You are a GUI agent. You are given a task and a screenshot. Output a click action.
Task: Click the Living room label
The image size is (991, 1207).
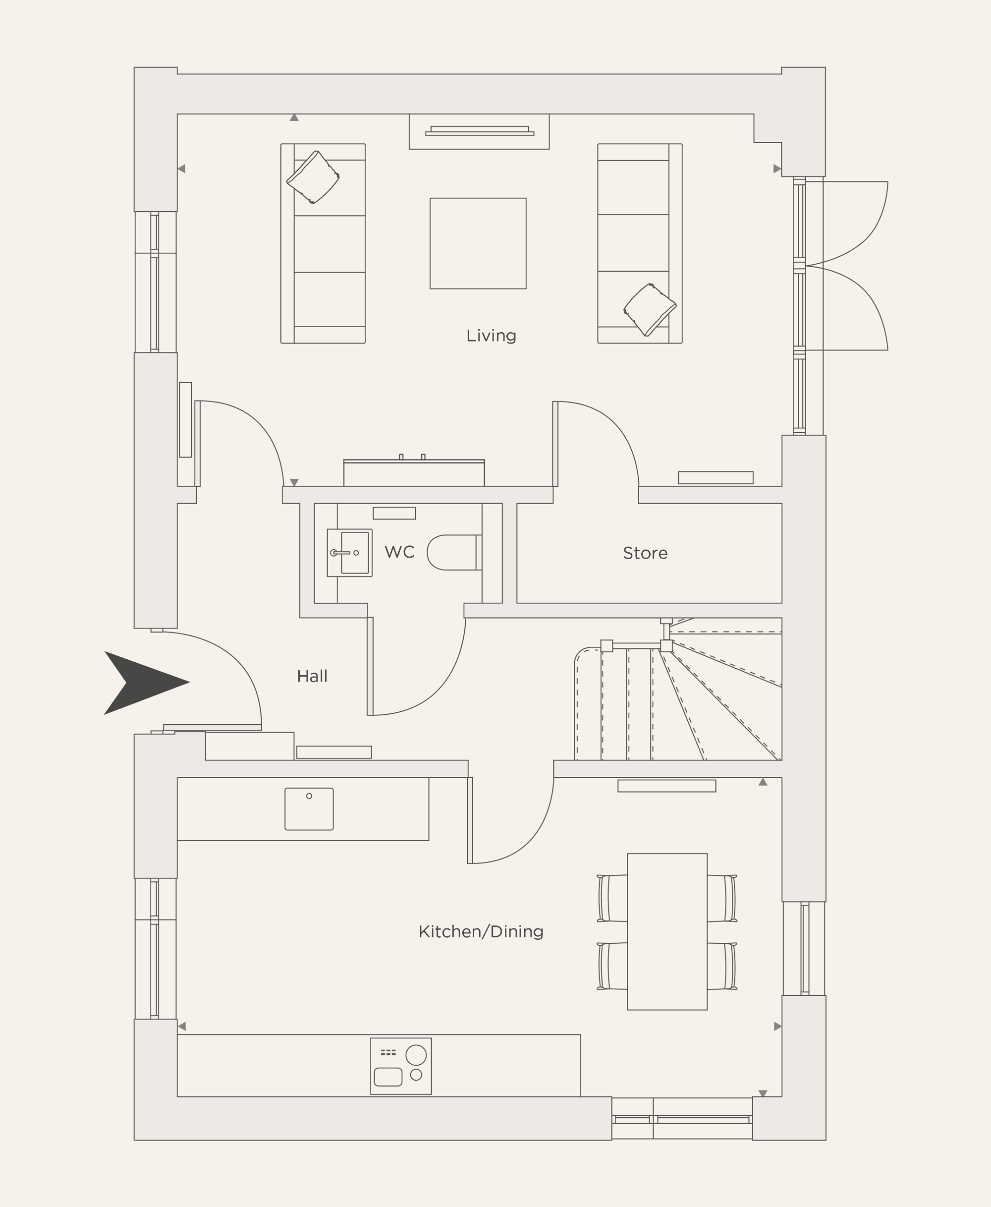tap(491, 336)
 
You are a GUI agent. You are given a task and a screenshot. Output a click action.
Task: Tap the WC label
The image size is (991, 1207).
tap(399, 552)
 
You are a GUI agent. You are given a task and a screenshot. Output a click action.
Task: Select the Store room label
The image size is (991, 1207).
tap(645, 553)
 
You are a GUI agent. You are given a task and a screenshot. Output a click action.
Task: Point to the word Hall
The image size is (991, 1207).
tap(312, 677)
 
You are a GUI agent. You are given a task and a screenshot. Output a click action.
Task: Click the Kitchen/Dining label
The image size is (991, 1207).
tap(481, 932)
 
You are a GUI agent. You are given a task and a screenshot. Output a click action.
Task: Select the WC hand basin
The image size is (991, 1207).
tap(349, 553)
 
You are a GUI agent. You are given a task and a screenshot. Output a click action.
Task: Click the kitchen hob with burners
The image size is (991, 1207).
tap(401, 1066)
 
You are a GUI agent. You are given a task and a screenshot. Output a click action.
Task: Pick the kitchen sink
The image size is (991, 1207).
tap(309, 809)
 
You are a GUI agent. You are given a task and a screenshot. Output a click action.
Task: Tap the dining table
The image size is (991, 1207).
tap(667, 931)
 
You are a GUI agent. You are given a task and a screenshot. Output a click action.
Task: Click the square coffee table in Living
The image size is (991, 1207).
tap(478, 243)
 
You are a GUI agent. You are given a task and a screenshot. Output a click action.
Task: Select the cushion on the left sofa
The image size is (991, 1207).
tap(313, 177)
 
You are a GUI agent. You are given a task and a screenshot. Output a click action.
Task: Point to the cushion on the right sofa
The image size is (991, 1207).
tap(650, 309)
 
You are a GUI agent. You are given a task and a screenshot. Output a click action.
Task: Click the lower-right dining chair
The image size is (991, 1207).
tap(722, 966)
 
